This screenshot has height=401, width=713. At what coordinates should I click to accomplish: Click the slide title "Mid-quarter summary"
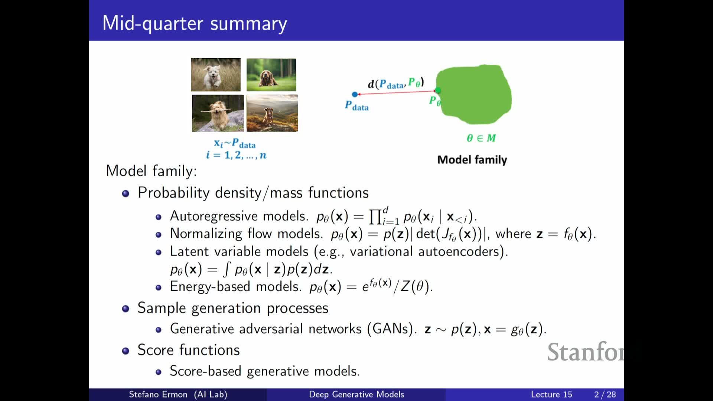coord(195,23)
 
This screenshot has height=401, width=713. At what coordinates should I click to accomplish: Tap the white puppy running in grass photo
coord(216,75)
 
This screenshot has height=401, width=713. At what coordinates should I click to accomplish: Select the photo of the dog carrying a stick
coord(218,113)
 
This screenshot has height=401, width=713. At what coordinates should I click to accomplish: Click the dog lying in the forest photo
coord(271,75)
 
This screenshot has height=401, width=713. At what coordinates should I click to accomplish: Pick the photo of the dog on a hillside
coord(272,113)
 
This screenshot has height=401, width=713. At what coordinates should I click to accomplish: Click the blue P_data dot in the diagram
coord(355,94)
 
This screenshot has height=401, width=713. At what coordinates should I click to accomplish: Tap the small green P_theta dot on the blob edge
coord(438,90)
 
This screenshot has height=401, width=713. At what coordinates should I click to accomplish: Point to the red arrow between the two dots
coord(396,92)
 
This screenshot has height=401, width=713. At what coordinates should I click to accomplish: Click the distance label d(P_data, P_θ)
coord(396,83)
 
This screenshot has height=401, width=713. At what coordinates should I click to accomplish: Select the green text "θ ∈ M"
coord(481,138)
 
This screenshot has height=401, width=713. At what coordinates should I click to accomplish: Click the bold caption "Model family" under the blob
coord(472,160)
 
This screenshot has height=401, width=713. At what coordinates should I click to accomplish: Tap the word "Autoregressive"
coord(214,216)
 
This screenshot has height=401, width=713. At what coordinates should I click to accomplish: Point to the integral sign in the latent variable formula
coord(227,269)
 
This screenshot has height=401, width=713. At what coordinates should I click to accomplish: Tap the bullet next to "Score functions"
coord(126,351)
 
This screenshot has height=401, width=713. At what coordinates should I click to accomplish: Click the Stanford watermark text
coord(586,352)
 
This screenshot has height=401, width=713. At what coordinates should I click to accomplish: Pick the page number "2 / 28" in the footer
coord(605,394)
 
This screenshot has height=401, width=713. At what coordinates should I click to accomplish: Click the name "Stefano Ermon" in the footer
coord(158,394)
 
